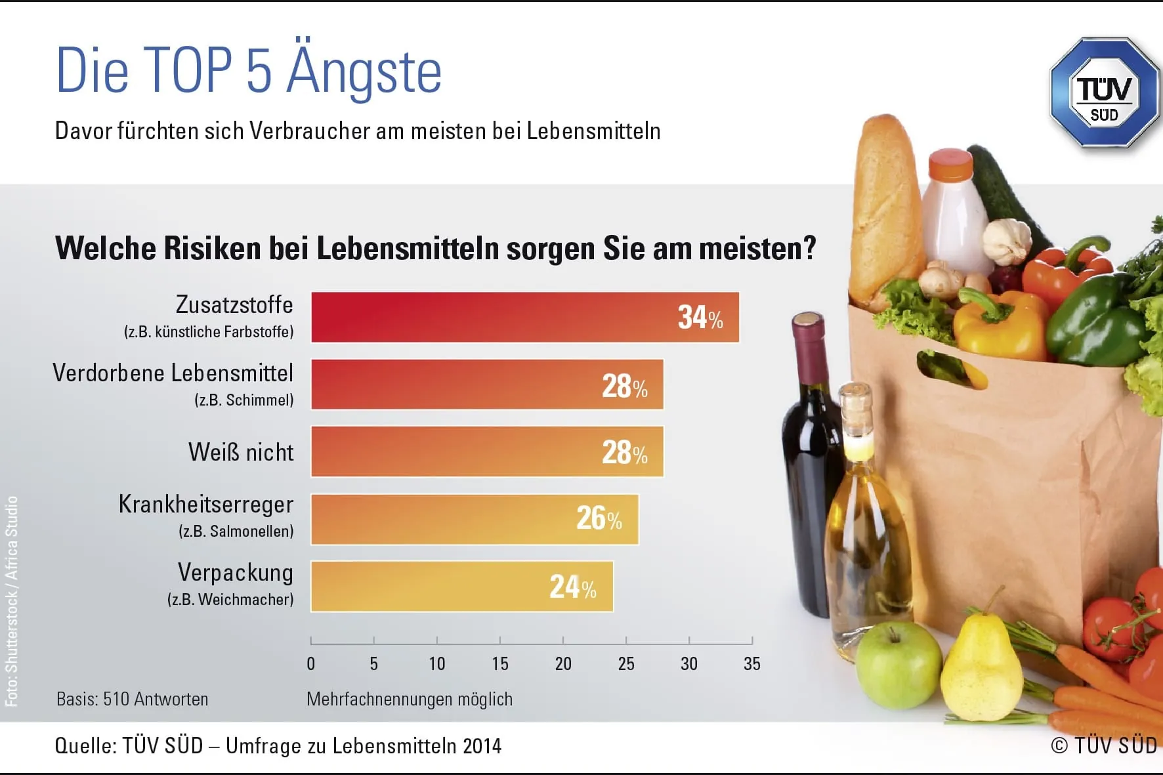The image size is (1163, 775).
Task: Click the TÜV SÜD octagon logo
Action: (x=1105, y=92)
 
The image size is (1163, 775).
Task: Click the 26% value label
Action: (x=599, y=518)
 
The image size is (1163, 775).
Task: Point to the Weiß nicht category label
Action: (x=241, y=452)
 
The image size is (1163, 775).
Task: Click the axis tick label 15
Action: (x=499, y=664)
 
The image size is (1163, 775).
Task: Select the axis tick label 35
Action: (x=751, y=664)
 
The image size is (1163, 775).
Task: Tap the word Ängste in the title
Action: (x=364, y=71)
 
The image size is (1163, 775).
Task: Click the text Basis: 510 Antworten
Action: (x=132, y=700)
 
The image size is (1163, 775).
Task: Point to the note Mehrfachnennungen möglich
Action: (x=409, y=700)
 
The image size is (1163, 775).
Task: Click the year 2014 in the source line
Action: (x=482, y=746)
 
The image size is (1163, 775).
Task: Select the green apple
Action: (x=898, y=665)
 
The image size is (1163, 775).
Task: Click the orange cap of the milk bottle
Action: (x=950, y=165)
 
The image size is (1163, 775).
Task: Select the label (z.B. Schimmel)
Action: (x=243, y=400)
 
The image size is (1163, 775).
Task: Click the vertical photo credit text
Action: (x=12, y=600)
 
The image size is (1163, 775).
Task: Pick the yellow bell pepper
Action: (x=998, y=325)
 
